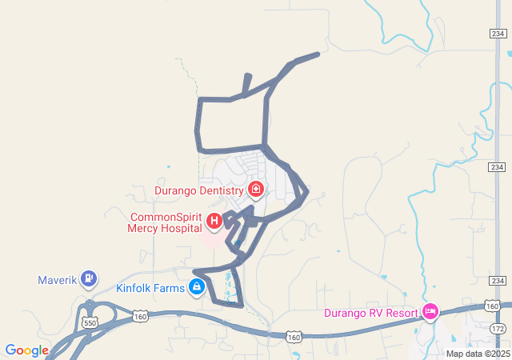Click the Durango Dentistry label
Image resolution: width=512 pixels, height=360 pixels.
pyautogui.click(x=198, y=191)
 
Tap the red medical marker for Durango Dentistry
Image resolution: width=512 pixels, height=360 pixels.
pyautogui.click(x=256, y=190)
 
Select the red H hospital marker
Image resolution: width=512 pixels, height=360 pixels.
pyautogui.click(x=214, y=221)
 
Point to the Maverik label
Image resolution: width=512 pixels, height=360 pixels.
pyautogui.click(x=58, y=280)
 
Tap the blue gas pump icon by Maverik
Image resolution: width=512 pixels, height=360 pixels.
pyautogui.click(x=90, y=279)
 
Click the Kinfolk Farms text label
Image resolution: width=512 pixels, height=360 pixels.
pyautogui.click(x=150, y=288)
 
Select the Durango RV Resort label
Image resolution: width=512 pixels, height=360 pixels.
pyautogui.click(x=371, y=312)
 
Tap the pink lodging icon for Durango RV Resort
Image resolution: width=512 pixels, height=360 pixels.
pyautogui.click(x=430, y=310)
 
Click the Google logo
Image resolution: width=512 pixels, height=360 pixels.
pyautogui.click(x=26, y=350)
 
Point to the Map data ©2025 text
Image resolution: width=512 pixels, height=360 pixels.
pyautogui.click(x=477, y=354)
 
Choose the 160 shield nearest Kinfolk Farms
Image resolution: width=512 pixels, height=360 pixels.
pyautogui.click(x=141, y=317)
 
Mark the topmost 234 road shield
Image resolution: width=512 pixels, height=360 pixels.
pyautogui.click(x=497, y=33)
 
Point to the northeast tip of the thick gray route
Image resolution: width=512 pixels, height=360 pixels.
pyautogui.click(x=318, y=54)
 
